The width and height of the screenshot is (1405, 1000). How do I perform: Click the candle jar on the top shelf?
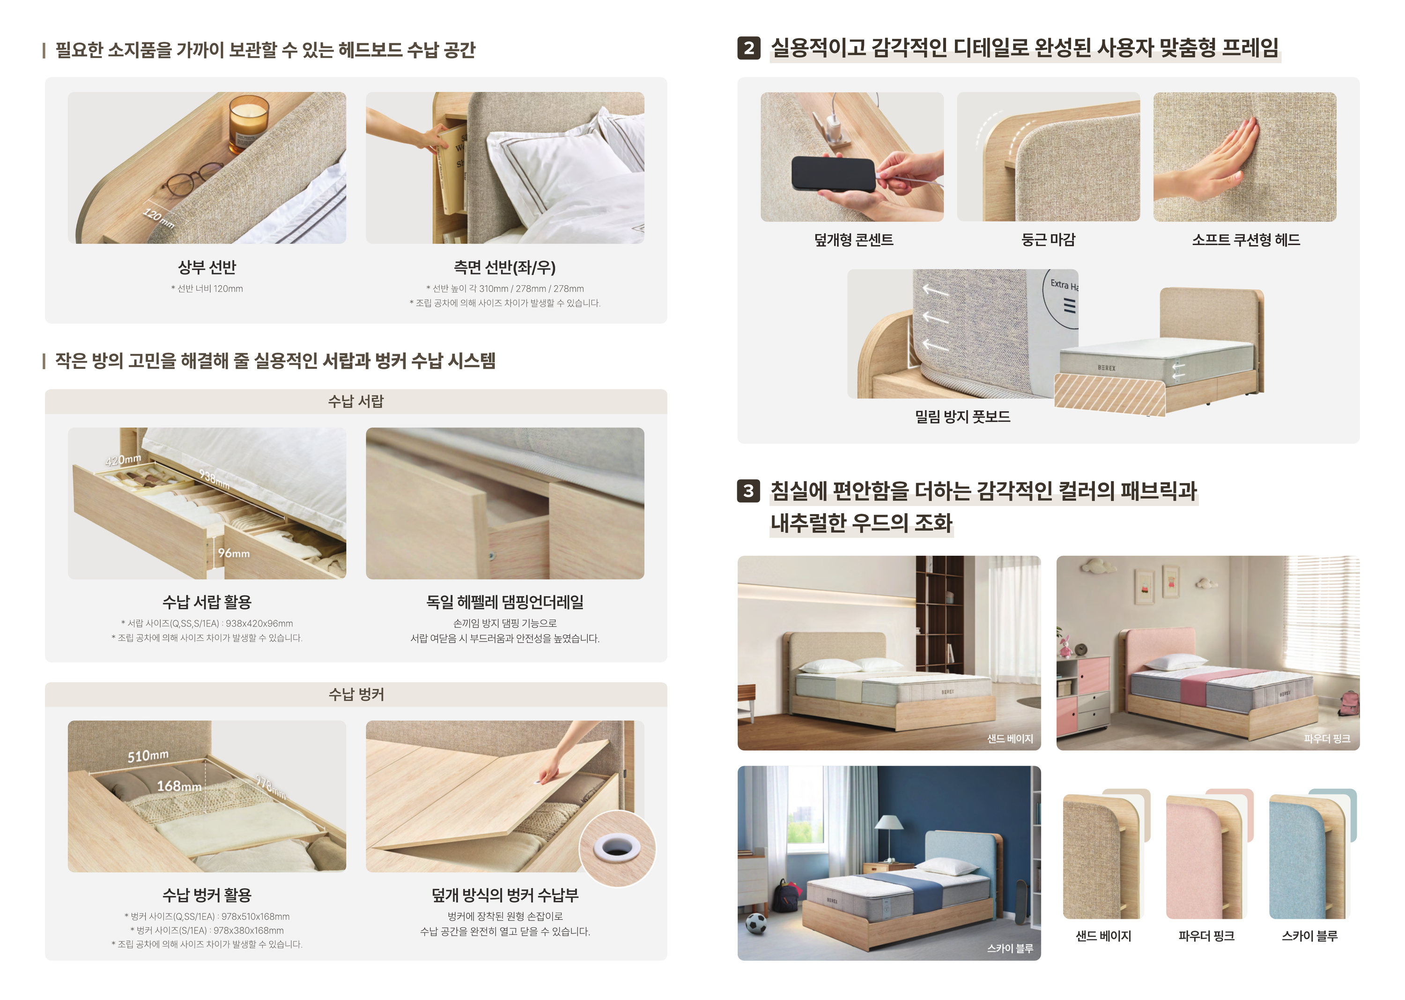click(249, 123)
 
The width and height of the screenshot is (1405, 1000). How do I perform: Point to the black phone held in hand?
click(833, 174)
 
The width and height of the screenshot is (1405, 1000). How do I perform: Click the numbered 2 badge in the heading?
click(748, 48)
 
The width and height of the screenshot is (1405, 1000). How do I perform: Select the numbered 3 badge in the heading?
click(748, 491)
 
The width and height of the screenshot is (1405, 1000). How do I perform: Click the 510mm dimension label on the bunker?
click(148, 755)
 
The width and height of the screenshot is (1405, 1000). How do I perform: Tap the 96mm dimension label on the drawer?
click(234, 553)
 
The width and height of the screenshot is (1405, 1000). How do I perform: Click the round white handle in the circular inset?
click(617, 848)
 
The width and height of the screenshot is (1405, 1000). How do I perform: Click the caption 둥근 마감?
click(1048, 239)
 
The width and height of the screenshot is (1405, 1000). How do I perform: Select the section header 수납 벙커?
click(356, 694)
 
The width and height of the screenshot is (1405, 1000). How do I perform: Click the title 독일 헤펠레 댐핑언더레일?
click(505, 602)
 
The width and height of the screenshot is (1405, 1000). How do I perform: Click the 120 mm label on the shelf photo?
click(159, 217)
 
